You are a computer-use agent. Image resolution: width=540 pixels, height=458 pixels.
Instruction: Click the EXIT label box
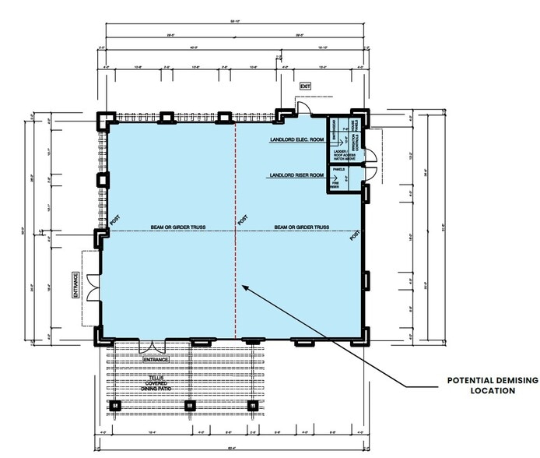(305, 87)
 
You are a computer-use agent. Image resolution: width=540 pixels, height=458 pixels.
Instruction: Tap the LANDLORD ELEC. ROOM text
(296, 140)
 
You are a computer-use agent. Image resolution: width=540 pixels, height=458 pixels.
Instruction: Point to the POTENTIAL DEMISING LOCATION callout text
(480, 386)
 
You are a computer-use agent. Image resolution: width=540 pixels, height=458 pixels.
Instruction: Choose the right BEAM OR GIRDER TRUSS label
(301, 227)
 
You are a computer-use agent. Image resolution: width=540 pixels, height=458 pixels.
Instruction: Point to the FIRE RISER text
(335, 184)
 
